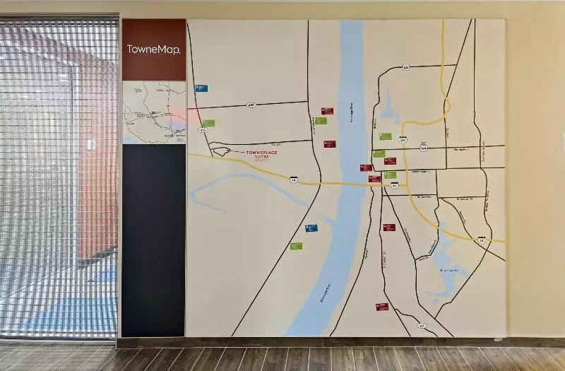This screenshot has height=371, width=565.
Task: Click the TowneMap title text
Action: pos(153,49)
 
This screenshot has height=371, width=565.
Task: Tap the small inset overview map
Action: pos(154,113)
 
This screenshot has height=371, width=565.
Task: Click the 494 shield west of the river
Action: pos(251,105)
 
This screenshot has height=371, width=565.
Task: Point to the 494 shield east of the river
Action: pos(405,67)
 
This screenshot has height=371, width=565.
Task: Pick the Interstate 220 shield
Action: pos(403,141)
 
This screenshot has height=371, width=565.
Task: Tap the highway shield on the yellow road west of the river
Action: pos(294,180)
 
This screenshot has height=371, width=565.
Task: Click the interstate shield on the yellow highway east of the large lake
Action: pos(482,240)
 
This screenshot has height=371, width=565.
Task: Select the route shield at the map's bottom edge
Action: pos(422,326)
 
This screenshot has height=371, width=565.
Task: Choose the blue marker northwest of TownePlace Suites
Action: pos(201,88)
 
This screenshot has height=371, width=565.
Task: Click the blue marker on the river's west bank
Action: pos(311,228)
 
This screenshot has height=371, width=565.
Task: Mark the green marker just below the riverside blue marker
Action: pos(296,246)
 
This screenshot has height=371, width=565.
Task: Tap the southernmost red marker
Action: pos(382,307)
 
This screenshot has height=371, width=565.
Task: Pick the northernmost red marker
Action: pos(327,111)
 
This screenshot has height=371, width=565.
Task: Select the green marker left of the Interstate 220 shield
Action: pos(385,136)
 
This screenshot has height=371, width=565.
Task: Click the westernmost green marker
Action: pos(208,123)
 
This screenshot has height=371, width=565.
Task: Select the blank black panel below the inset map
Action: pos(153,240)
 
